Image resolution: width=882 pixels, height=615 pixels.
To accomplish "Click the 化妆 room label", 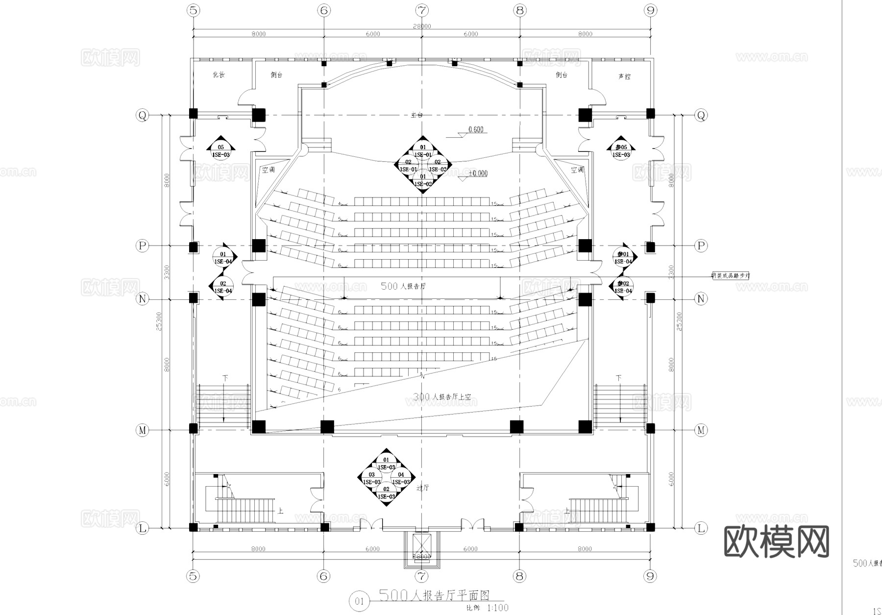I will (x=219, y=75).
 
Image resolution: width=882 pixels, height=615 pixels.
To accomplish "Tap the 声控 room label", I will (x=624, y=76).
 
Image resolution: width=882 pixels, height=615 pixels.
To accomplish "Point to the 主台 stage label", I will (x=416, y=115).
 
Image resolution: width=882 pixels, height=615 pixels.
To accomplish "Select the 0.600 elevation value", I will (x=476, y=129).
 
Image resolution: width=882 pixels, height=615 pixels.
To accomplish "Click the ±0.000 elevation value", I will (x=478, y=173).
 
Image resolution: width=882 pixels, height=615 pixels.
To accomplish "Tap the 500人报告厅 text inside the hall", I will (x=403, y=286).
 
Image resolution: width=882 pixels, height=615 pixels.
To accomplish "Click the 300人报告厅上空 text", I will (x=442, y=397).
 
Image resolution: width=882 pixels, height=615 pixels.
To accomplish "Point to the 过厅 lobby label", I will (x=422, y=488).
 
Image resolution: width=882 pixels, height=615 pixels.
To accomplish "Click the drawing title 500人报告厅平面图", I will (x=435, y=595).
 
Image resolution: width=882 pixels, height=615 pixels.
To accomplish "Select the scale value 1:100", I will (x=498, y=608).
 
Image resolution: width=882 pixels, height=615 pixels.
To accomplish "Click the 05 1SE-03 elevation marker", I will (x=220, y=150).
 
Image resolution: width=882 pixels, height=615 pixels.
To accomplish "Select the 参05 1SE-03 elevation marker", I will (x=621, y=150).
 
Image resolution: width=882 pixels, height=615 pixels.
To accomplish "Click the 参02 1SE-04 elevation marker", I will (x=623, y=287).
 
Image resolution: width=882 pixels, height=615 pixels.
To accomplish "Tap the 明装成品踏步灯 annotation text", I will (x=731, y=276).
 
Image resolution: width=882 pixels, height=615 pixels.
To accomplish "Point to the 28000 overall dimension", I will (x=422, y=26).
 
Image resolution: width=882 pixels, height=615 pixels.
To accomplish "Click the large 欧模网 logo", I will (x=777, y=541).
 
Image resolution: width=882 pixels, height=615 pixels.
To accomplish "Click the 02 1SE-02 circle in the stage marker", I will (x=437, y=165).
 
